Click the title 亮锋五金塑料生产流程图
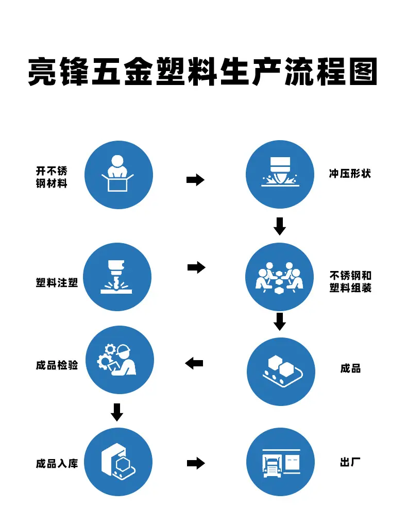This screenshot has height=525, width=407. coord(203,72)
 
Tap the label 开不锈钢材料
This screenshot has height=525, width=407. coord(52,177)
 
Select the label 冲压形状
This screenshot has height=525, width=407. coord(350,174)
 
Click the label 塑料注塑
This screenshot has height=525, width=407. coord(57,282)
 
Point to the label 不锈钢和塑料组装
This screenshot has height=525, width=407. coord(350,282)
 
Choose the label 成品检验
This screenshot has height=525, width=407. coord(57,365)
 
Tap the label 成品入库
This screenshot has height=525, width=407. coord(57,463)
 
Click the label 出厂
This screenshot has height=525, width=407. coord(350,462)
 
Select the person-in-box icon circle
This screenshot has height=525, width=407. coord(118,175)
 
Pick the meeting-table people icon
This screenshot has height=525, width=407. coord(280,277)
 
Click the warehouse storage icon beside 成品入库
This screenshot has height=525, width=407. coord(118,462)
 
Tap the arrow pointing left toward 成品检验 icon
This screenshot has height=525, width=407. coord(194,363)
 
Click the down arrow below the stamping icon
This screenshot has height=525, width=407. coord(280,226)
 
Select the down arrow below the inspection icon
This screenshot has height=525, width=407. coord(117,412)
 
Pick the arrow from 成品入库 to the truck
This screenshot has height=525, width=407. coord(196,463)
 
